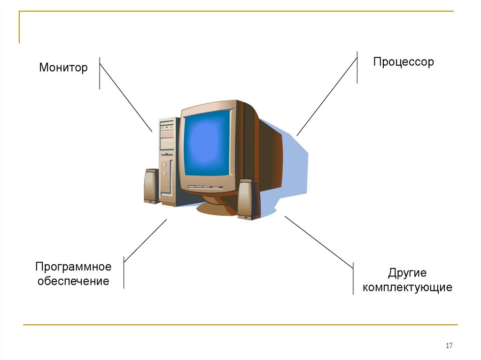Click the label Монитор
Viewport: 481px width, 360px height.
point(63,68)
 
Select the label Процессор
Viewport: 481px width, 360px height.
point(403,62)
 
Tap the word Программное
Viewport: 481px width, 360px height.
point(73,267)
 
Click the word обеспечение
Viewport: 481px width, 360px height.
point(73,282)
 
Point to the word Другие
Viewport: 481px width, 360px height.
point(407,273)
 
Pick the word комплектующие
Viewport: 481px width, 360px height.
point(407,287)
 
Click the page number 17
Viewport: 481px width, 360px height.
point(449,346)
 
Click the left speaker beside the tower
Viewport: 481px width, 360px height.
point(151,186)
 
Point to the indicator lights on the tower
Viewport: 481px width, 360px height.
point(167,127)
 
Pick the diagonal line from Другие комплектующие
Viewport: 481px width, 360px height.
point(318,242)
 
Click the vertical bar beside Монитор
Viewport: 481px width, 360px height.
point(100,73)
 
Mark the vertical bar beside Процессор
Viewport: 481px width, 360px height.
point(357,67)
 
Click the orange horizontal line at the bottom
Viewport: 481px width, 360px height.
point(240,324)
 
